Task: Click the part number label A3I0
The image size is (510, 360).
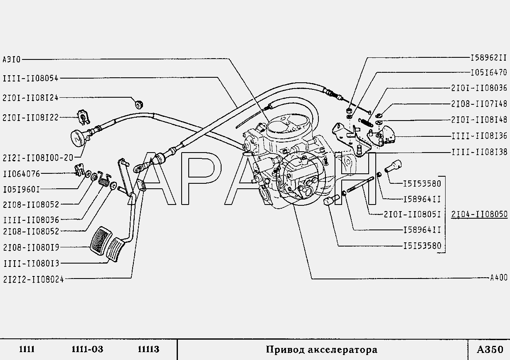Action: point(12,60)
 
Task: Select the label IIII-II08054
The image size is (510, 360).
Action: point(31,78)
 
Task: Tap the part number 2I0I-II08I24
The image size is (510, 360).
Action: point(31,98)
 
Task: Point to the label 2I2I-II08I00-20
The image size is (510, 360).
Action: point(38,158)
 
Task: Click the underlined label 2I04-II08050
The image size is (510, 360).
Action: point(479,214)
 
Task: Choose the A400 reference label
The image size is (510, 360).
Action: point(499,278)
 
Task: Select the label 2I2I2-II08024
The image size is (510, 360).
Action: point(34,280)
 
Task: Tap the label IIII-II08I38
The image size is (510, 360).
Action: point(480,152)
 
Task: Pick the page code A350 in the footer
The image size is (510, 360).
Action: point(490,350)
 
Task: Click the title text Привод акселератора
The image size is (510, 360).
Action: point(321,350)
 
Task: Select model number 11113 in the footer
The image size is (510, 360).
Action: point(148,349)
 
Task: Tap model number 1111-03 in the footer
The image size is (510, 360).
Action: point(87,349)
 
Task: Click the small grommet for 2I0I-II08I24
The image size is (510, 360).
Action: point(139,104)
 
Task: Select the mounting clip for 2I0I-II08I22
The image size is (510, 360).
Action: point(84,118)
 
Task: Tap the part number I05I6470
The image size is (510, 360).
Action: point(489,73)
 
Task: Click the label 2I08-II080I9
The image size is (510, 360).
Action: point(31,247)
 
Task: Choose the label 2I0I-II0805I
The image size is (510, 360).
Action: point(412,214)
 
